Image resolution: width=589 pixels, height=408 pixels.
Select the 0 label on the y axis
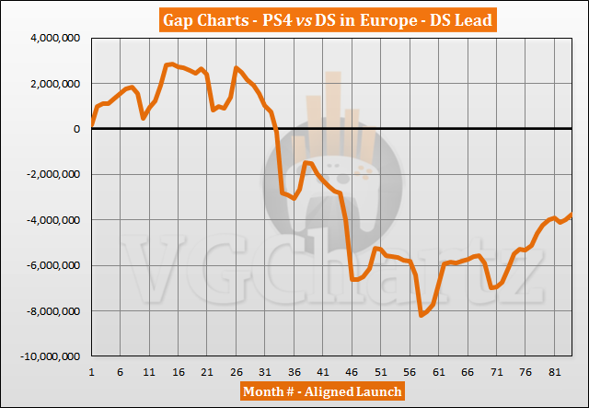coord(77,129)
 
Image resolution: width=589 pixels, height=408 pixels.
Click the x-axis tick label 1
coord(92,371)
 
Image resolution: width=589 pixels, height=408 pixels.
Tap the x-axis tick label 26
coord(237,371)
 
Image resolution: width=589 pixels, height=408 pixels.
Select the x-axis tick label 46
coord(352,371)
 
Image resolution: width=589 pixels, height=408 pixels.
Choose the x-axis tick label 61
coord(439,371)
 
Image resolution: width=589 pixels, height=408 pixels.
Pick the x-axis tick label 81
coord(555,371)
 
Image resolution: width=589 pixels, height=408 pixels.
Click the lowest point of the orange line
coord(422,316)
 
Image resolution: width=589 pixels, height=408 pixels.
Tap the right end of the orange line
coord(572,214)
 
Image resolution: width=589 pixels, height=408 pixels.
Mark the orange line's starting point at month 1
coord(92,123)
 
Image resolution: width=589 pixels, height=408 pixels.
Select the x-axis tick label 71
coord(497,371)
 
